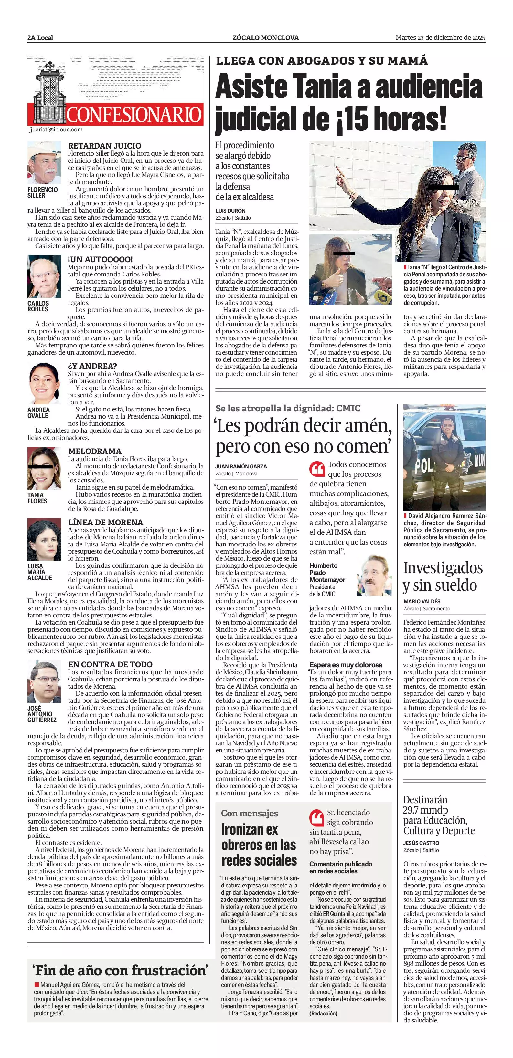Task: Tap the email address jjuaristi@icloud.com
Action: pos(56,130)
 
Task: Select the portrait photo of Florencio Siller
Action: pos(44,163)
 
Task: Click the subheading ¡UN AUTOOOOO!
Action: pos(100,260)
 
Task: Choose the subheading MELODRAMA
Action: pos(94,451)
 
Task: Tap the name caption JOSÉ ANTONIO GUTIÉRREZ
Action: pos(42,714)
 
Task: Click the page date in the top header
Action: pos(440,38)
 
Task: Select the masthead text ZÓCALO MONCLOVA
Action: pos(265,38)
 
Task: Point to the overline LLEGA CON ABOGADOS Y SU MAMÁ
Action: pos(321,61)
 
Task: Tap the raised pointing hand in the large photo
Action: pos(342,172)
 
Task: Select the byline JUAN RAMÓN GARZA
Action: pos(241,466)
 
